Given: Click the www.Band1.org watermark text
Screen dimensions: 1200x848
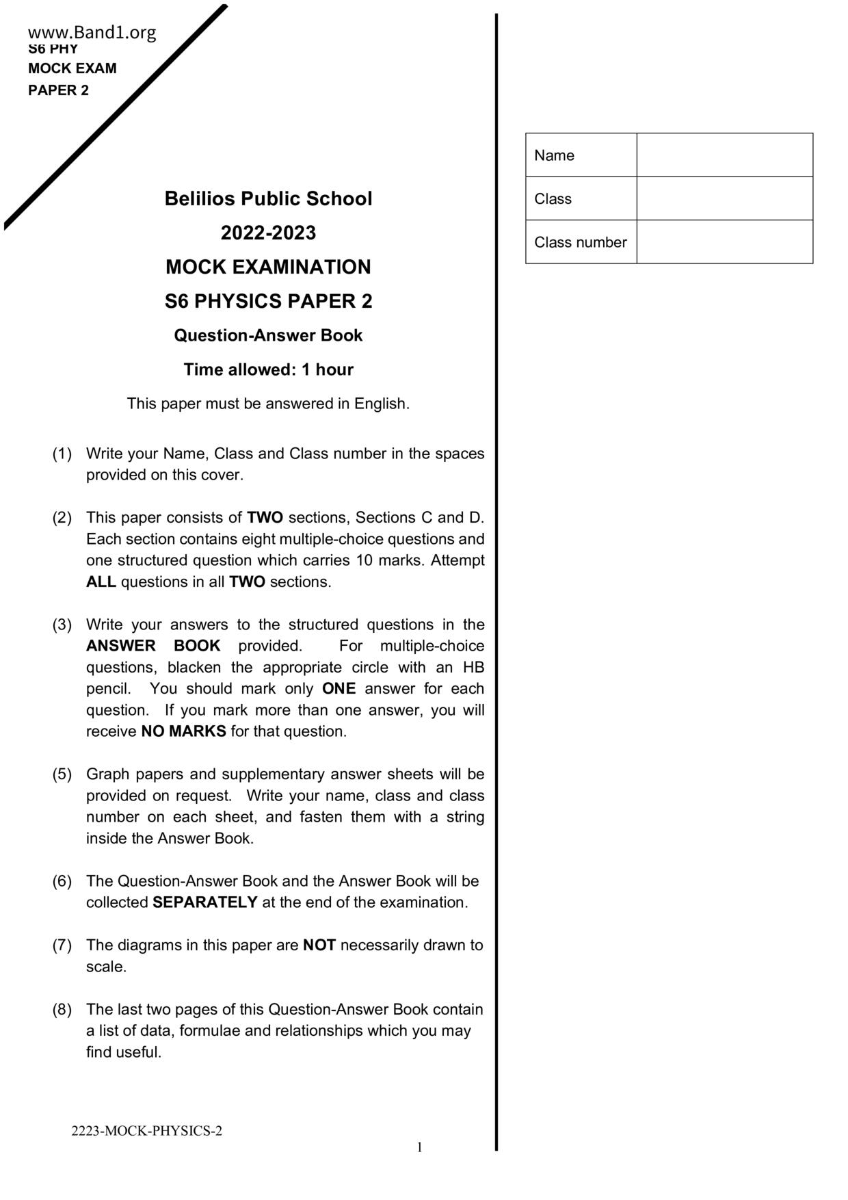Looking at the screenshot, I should (92, 32).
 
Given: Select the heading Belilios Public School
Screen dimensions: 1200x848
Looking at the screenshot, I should (268, 198).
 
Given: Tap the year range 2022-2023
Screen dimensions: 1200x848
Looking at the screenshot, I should (268, 233).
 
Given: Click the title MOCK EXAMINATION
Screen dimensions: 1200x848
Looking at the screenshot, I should (268, 267).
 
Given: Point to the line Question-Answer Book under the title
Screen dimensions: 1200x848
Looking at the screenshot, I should (268, 335).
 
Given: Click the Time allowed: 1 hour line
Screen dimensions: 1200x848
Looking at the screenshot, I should (268, 369).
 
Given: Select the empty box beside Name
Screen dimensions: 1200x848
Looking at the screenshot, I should (724, 155).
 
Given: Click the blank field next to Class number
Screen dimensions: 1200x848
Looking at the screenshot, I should (724, 242).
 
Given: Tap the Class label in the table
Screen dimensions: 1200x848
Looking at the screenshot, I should (553, 199).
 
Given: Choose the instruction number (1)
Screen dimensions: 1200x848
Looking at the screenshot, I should (62, 454).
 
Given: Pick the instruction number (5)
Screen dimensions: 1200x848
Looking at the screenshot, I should (62, 774).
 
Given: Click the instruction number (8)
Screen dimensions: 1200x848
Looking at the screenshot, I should (62, 1010).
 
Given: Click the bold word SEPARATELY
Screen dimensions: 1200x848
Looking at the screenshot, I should (204, 902).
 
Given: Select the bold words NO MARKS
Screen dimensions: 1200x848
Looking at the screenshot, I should (183, 731).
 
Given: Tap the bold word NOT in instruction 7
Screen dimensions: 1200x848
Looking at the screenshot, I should (319, 945).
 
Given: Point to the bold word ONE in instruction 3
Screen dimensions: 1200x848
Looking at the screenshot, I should (339, 689).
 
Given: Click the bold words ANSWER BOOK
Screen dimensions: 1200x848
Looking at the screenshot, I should (153, 646).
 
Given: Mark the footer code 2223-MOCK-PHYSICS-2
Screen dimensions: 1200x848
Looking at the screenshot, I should (146, 1131).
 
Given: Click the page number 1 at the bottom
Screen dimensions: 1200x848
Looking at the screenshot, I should (420, 1147).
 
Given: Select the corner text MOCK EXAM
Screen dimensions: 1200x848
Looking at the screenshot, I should (72, 68).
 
